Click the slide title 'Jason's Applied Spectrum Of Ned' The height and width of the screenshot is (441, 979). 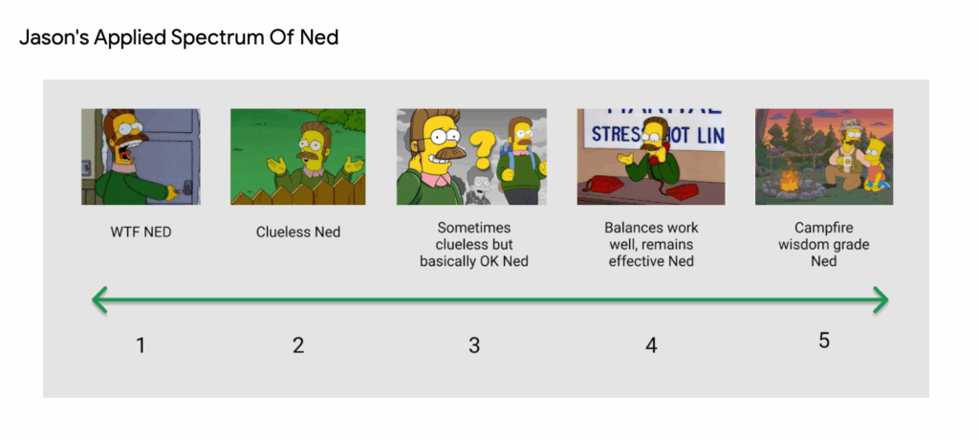coord(179,38)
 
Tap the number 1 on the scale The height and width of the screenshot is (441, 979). coord(141,344)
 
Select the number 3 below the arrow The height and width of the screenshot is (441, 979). coord(474,344)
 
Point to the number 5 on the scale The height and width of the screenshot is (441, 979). coord(824,341)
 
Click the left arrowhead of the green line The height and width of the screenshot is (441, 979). coord(99,299)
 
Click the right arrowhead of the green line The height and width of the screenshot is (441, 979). coord(881,299)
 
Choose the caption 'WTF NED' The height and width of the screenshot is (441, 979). coord(141,232)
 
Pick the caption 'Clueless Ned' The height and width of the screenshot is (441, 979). coord(298,232)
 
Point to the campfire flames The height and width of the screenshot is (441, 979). coord(789,180)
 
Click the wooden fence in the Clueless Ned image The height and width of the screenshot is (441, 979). coord(298,191)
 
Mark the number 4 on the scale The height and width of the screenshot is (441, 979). coord(651,344)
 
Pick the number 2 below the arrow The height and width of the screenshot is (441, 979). coord(298,344)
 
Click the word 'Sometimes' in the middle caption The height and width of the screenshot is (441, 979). coord(474,228)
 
